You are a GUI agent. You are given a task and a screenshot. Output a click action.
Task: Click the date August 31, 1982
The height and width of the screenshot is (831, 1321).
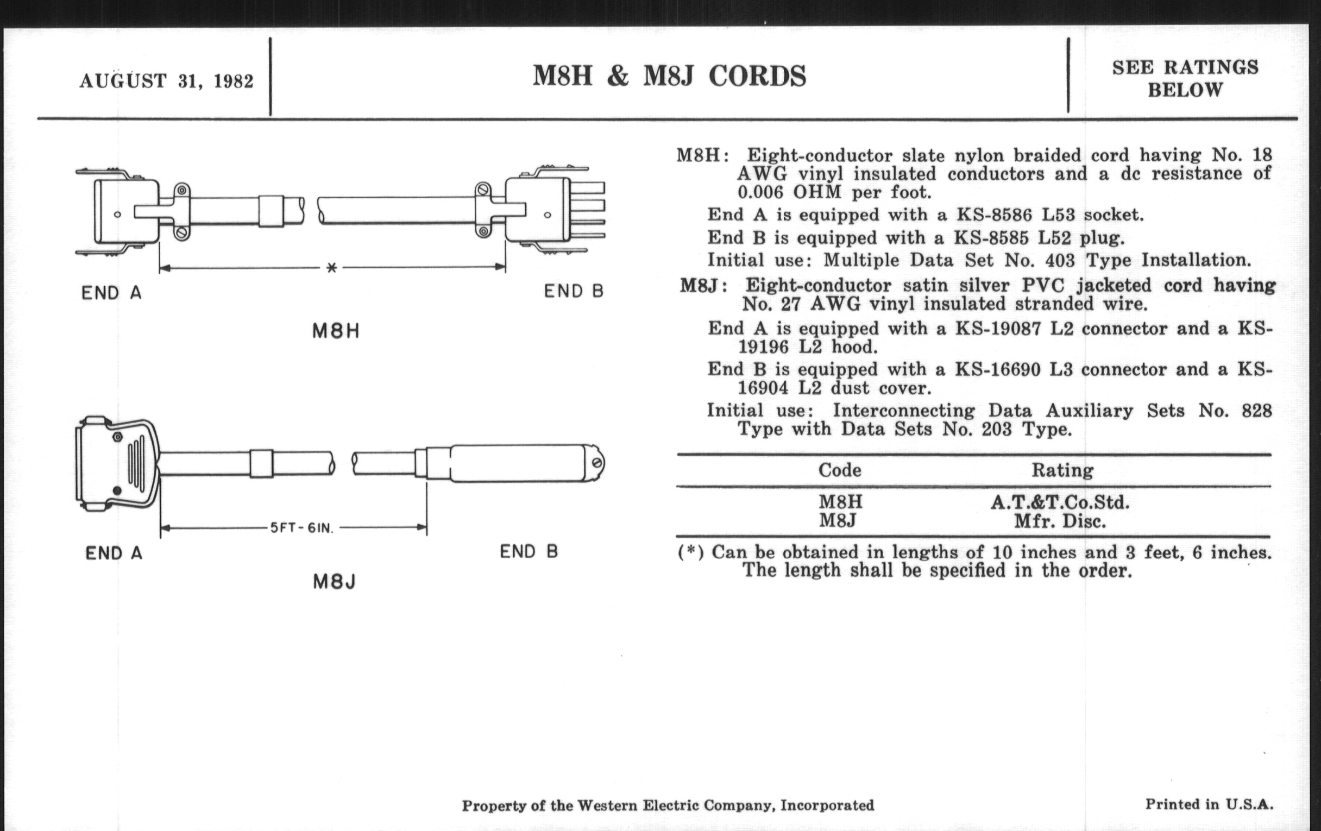[166, 81]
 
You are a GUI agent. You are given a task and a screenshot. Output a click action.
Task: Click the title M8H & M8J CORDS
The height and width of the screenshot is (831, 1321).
[669, 75]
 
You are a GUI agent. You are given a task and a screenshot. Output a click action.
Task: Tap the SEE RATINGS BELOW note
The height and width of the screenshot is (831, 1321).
[1185, 78]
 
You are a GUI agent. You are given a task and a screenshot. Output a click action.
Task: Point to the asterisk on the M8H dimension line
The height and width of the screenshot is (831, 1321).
[331, 268]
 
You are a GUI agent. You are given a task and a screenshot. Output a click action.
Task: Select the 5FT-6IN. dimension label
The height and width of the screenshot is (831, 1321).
[301, 528]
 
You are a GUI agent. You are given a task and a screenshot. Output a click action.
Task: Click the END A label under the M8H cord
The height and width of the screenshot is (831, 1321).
[112, 293]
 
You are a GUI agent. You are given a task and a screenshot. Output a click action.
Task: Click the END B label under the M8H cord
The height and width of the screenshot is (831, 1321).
[573, 291]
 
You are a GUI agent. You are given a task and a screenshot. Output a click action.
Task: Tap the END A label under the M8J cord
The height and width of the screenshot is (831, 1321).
[114, 553]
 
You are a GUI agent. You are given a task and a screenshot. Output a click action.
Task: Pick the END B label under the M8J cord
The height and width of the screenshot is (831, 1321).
[529, 551]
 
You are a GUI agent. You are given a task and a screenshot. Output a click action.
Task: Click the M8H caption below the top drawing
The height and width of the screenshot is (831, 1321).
[336, 331]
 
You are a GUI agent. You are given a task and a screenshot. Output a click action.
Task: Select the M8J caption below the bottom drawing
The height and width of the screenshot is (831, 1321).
[335, 581]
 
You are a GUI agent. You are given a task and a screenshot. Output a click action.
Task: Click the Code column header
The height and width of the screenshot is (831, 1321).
[839, 470]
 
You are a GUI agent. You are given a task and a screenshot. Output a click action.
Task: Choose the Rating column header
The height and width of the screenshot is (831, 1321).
[1062, 470]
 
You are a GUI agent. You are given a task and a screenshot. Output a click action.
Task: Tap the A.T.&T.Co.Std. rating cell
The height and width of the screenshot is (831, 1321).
[1060, 502]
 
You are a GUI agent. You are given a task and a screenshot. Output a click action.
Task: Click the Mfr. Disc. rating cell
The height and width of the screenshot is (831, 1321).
[1060, 520]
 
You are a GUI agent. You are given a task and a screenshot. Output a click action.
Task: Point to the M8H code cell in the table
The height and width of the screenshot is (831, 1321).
[840, 502]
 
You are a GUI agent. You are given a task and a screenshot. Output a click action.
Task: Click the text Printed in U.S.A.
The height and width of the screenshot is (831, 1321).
[1209, 804]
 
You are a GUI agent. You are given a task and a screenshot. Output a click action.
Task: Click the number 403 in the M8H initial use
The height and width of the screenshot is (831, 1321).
[1061, 260]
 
